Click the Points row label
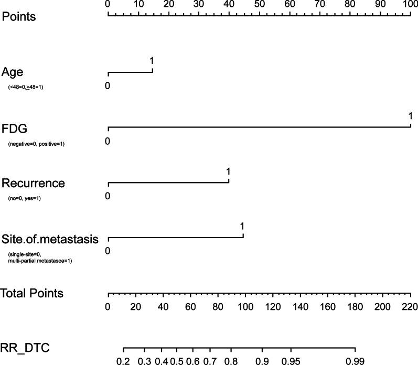point(19,16)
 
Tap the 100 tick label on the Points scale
point(410,4)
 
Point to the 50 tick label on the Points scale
point(259,4)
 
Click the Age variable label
point(12,72)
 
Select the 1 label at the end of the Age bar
point(152,61)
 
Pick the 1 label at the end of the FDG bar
point(410,116)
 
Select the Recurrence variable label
point(33,183)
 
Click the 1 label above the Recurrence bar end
point(228,171)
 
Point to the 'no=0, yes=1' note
point(24,198)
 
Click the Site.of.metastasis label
point(50,239)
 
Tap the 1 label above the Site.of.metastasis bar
point(242,227)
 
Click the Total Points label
point(32,293)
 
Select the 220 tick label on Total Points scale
point(410,306)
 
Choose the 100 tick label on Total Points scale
point(245,306)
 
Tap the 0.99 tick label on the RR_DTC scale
point(355,361)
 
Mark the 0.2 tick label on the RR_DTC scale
point(123,361)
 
